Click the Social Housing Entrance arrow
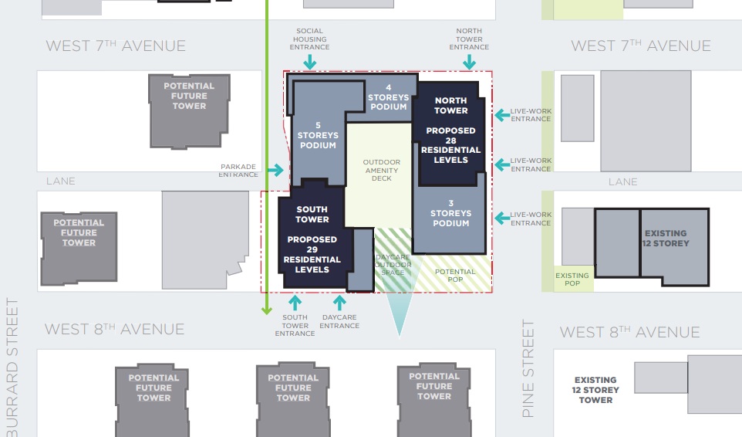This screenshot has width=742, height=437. tap(310, 62)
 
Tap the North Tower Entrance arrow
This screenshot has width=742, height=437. tap(470, 62)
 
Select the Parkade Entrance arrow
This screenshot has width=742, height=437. tap(275, 170)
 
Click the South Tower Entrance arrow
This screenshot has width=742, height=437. tap(295, 303)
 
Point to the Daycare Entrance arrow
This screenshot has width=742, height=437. tap(339, 303)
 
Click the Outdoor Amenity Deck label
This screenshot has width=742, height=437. tap(381, 170)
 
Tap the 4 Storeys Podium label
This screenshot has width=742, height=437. tap(389, 97)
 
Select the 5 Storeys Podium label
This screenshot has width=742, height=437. tap(318, 135)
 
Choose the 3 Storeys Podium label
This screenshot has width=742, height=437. tap(451, 213)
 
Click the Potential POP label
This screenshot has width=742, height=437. tap(455, 276)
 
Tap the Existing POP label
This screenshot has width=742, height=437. tap(572, 279)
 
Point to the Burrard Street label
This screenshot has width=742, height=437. tap(12, 367)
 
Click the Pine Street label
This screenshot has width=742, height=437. tap(528, 368)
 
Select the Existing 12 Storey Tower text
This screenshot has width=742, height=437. tap(595, 390)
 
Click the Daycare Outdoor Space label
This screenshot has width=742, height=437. tap(393, 265)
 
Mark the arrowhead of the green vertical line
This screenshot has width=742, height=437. tap(267, 310)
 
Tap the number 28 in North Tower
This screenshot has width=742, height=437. tap(451, 141)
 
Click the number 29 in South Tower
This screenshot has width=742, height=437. tap(312, 249)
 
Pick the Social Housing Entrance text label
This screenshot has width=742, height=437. tap(310, 39)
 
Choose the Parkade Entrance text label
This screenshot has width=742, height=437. tap(238, 171)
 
